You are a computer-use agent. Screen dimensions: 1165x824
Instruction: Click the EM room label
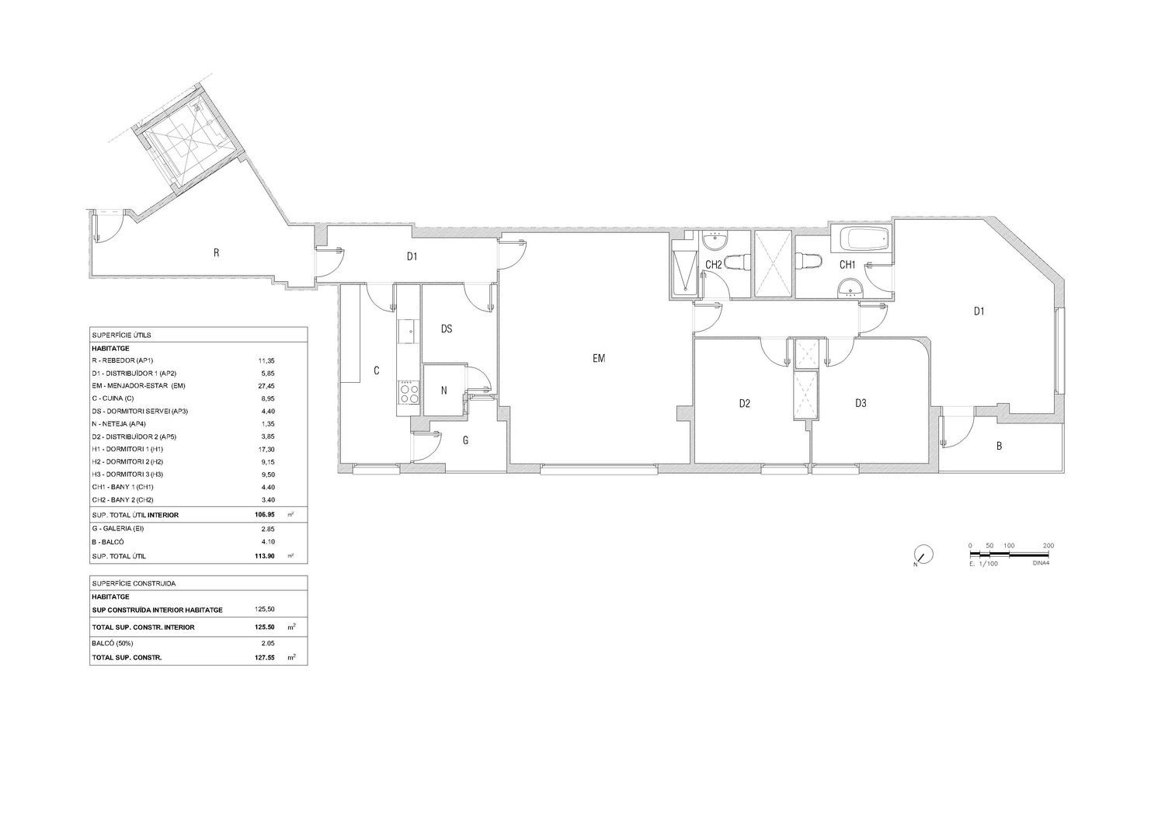click(x=599, y=359)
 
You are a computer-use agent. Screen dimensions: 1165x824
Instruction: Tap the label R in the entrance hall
click(x=217, y=253)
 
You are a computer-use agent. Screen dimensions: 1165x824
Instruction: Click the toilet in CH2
click(x=738, y=263)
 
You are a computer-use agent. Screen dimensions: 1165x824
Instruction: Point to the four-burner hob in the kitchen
click(x=409, y=391)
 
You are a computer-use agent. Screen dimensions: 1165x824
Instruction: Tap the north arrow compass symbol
click(x=923, y=555)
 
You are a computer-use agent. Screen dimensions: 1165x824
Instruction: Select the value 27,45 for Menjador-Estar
click(x=266, y=386)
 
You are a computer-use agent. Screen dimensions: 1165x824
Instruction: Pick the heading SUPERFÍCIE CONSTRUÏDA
click(x=134, y=584)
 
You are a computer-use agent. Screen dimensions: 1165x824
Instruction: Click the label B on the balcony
click(x=999, y=446)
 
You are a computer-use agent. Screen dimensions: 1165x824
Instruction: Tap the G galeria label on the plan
click(x=465, y=440)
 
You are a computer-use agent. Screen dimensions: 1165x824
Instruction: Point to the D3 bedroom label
click(x=861, y=402)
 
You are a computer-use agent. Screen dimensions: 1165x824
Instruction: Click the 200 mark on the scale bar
click(x=1048, y=546)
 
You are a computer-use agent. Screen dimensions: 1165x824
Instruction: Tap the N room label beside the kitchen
click(x=443, y=391)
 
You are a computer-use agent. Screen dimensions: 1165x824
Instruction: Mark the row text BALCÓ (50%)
click(x=113, y=644)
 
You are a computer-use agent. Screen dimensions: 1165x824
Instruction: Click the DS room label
click(x=447, y=329)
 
